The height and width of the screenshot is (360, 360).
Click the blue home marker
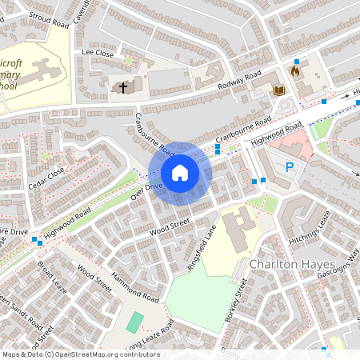[x=180, y=173]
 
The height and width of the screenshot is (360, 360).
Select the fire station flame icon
[x=294, y=72]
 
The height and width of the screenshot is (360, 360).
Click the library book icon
[x=279, y=90]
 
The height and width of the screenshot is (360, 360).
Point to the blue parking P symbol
[x=290, y=167]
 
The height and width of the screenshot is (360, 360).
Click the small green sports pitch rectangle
[x=135, y=322]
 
